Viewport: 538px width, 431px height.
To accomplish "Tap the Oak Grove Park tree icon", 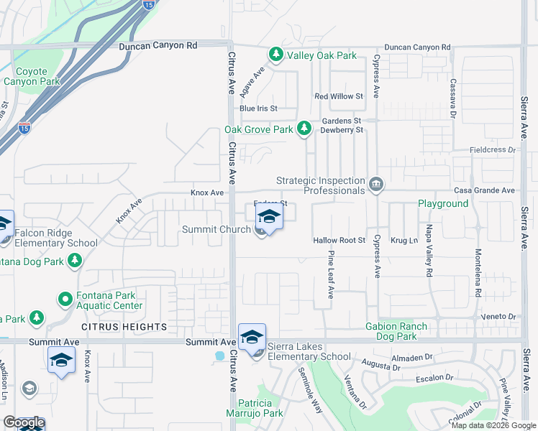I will click(305, 129).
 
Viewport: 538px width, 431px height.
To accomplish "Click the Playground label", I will click(443, 203).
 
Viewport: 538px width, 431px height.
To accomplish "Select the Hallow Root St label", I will click(339, 240).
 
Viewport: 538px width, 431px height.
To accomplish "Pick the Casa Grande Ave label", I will click(485, 190).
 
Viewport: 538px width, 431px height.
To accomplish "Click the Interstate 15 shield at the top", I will click(147, 4).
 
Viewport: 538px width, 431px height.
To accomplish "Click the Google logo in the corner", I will click(24, 422).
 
